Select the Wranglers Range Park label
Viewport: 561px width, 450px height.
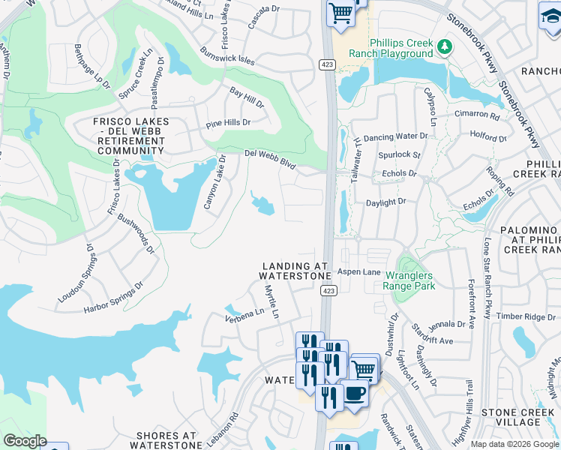(x=409, y=280)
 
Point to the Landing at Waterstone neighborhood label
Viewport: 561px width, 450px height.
(x=295, y=271)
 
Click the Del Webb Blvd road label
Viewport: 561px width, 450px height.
(x=270, y=157)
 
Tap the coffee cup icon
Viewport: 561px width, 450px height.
(x=353, y=393)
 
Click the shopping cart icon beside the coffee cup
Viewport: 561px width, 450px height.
(x=364, y=369)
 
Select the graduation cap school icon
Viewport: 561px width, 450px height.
(x=550, y=14)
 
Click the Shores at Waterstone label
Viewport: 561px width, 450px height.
(x=167, y=440)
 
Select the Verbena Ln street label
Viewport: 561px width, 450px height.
(x=244, y=312)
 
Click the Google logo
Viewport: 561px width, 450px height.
(x=25, y=441)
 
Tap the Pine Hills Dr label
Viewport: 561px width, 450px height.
(x=228, y=121)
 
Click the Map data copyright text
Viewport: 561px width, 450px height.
(x=514, y=444)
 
